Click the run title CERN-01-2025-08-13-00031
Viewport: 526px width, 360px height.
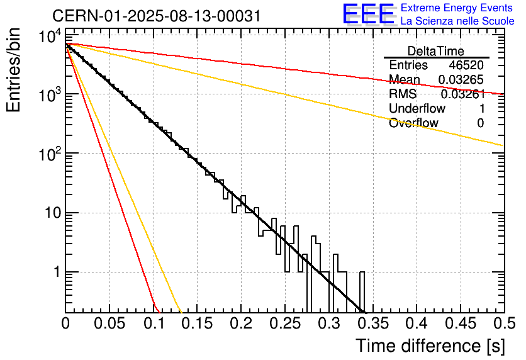148,14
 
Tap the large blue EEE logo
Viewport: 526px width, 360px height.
368,14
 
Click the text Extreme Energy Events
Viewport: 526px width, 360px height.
457,8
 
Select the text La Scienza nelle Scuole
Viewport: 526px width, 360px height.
457,21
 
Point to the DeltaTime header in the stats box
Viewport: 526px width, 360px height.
436,51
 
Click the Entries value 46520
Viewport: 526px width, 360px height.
466,65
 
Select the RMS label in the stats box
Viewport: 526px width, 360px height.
403,94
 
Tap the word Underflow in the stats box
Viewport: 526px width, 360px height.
417,109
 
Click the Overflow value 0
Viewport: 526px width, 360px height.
480,123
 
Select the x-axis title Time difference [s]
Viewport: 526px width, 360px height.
430,346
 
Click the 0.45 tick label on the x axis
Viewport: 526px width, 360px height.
460,324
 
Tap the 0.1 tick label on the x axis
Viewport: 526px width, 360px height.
154,324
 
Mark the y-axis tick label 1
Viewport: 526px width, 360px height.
55,273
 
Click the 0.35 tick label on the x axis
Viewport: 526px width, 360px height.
372,324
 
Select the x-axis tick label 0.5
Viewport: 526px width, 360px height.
503,324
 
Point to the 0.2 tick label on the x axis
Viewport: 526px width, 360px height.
241,324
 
